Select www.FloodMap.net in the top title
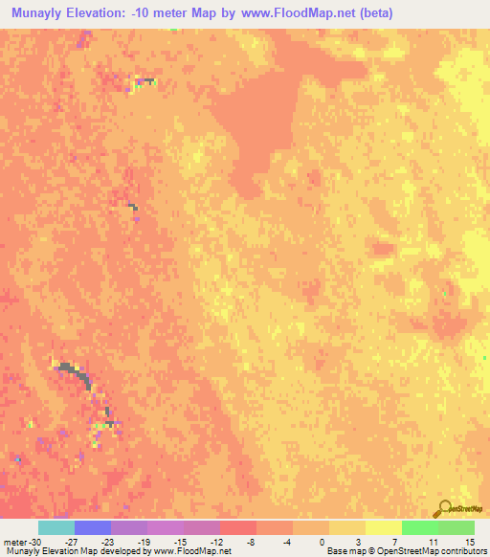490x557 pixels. pyautogui.click(x=278, y=14)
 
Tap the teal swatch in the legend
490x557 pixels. pyautogui.click(x=56, y=528)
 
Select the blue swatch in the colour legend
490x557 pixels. pyautogui.click(x=92, y=528)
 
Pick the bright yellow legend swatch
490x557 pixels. pyautogui.click(x=383, y=528)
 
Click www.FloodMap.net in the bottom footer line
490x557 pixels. pyautogui.click(x=196, y=551)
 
